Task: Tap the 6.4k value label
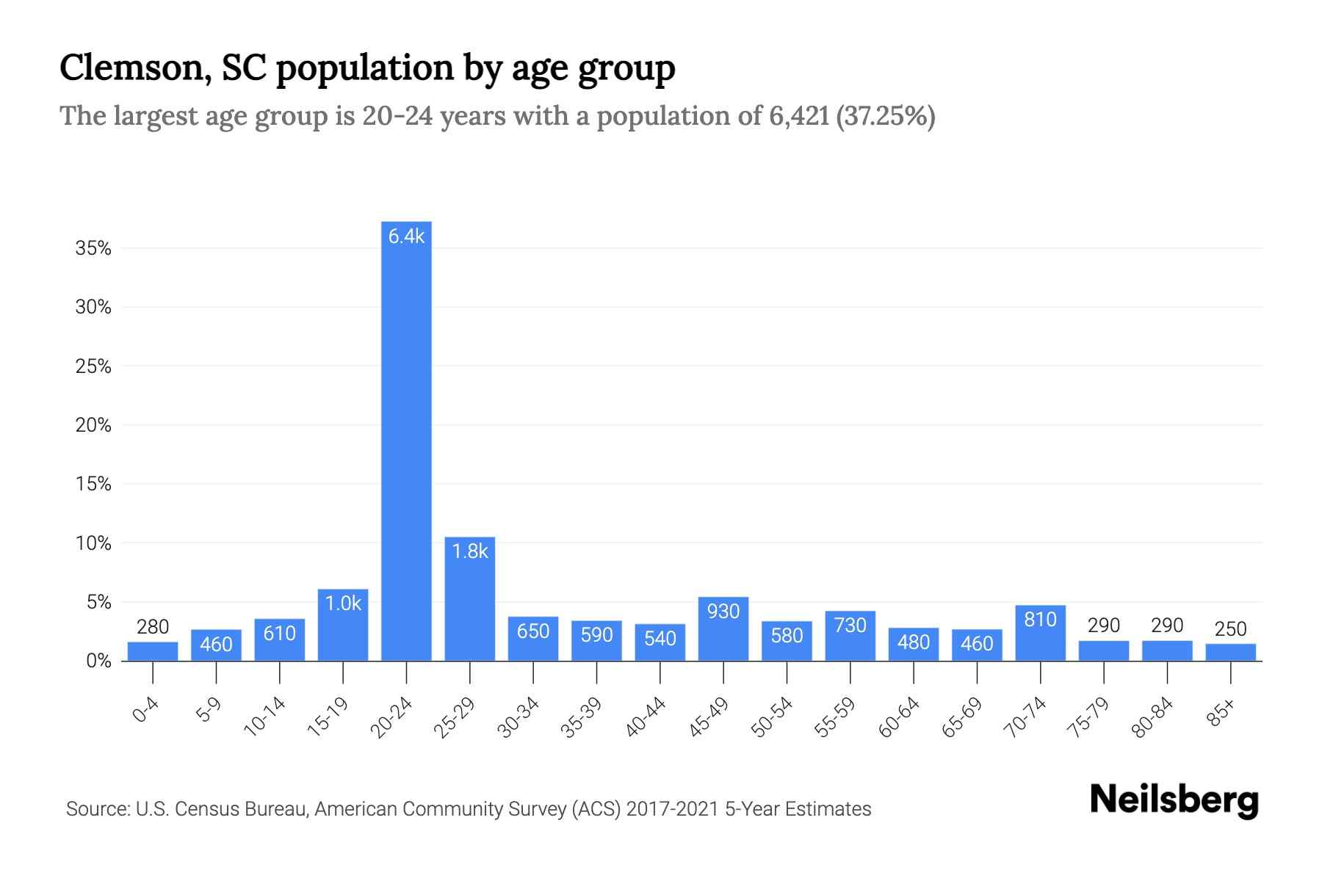[406, 236]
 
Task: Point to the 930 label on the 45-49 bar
[723, 612]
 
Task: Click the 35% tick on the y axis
[93, 249]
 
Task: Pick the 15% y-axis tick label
[93, 485]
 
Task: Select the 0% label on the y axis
[98, 661]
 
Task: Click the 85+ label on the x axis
[1222, 713]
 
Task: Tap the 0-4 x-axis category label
[146, 710]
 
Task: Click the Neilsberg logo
[1174, 800]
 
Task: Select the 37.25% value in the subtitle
[886, 116]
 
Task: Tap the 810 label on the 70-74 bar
[1040, 620]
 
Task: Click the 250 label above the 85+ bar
[1230, 629]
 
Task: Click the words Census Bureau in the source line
[255, 809]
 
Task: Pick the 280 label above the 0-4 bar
[153, 627]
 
